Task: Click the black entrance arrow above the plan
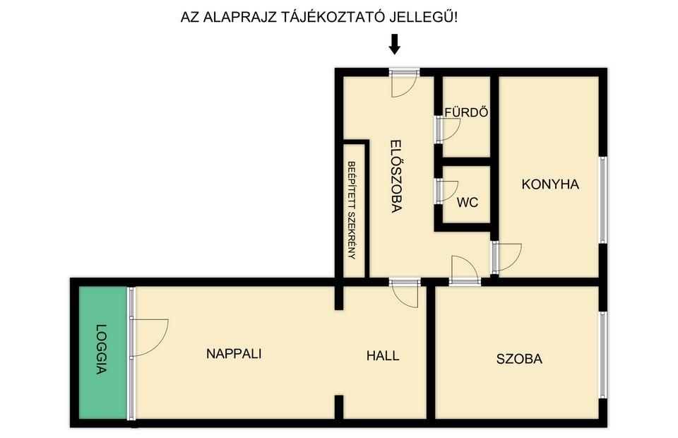pyautogui.click(x=394, y=45)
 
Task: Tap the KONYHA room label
pyautogui.click(x=550, y=184)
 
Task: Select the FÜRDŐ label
pyautogui.click(x=467, y=112)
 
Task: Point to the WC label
pyautogui.click(x=468, y=202)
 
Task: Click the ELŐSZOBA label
pyautogui.click(x=396, y=176)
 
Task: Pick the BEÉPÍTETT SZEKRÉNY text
pyautogui.click(x=352, y=210)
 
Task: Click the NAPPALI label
pyautogui.click(x=234, y=354)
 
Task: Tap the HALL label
pyautogui.click(x=383, y=356)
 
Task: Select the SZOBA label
pyautogui.click(x=519, y=359)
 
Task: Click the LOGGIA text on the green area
pyautogui.click(x=101, y=349)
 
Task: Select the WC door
pyautogui.click(x=446, y=191)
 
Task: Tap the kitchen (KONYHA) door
pyautogui.click(x=506, y=258)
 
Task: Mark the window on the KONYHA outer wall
pyautogui.click(x=602, y=199)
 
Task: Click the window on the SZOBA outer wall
pyautogui.click(x=602, y=355)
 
